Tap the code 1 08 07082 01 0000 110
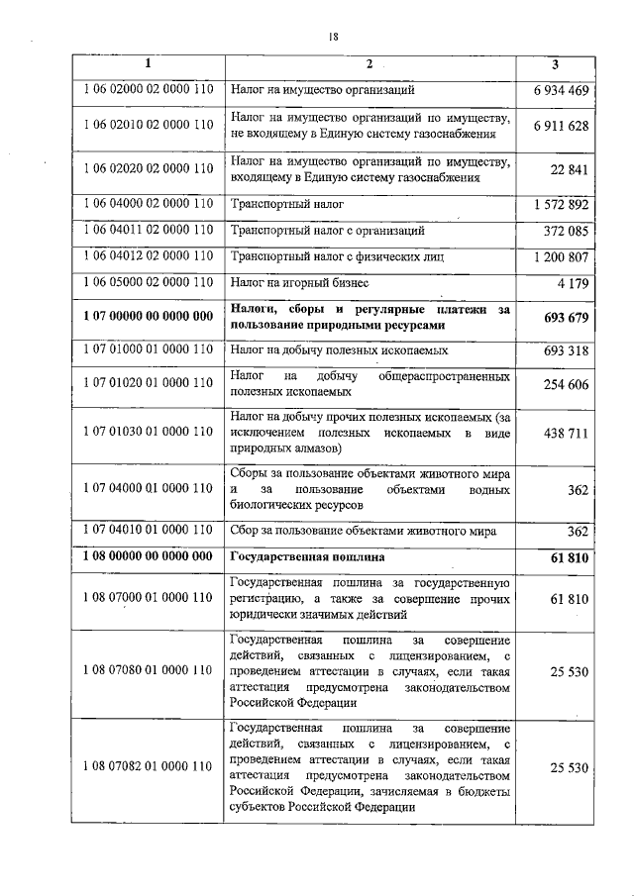tap(149, 766)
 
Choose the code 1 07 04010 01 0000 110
tap(149, 531)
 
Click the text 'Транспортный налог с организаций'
tap(328, 231)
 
